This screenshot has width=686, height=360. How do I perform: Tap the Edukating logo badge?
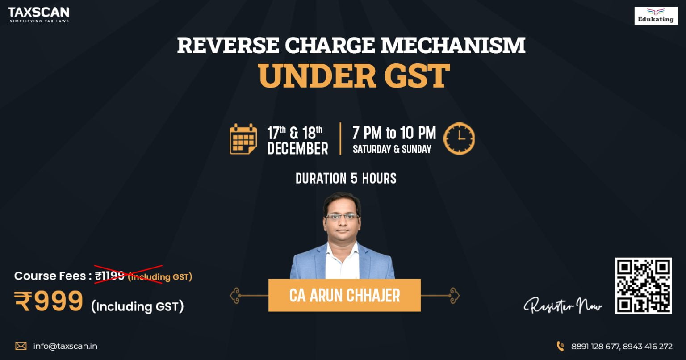tap(656, 16)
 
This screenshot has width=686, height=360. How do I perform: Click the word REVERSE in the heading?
tap(228, 46)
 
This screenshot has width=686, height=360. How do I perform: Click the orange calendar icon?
tap(243, 139)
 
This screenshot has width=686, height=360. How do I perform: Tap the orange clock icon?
tap(459, 139)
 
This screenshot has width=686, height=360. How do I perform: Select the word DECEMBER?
tap(297, 149)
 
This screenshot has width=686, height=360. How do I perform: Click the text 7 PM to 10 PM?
tap(394, 133)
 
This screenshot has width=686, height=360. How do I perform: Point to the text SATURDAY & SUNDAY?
tap(392, 150)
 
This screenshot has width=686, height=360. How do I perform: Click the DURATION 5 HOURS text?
tap(346, 179)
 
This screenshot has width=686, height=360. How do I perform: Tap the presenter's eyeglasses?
tap(342, 217)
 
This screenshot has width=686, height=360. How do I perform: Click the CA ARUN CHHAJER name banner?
tap(344, 295)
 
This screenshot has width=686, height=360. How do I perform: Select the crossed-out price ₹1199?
tap(110, 276)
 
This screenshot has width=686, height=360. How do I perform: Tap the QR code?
tap(643, 285)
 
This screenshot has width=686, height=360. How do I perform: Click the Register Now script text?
tap(563, 306)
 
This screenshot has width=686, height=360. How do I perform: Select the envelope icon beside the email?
tap(21, 346)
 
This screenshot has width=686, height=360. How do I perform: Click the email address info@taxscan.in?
tap(65, 346)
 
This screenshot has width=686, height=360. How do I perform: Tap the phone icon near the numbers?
tap(560, 346)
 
